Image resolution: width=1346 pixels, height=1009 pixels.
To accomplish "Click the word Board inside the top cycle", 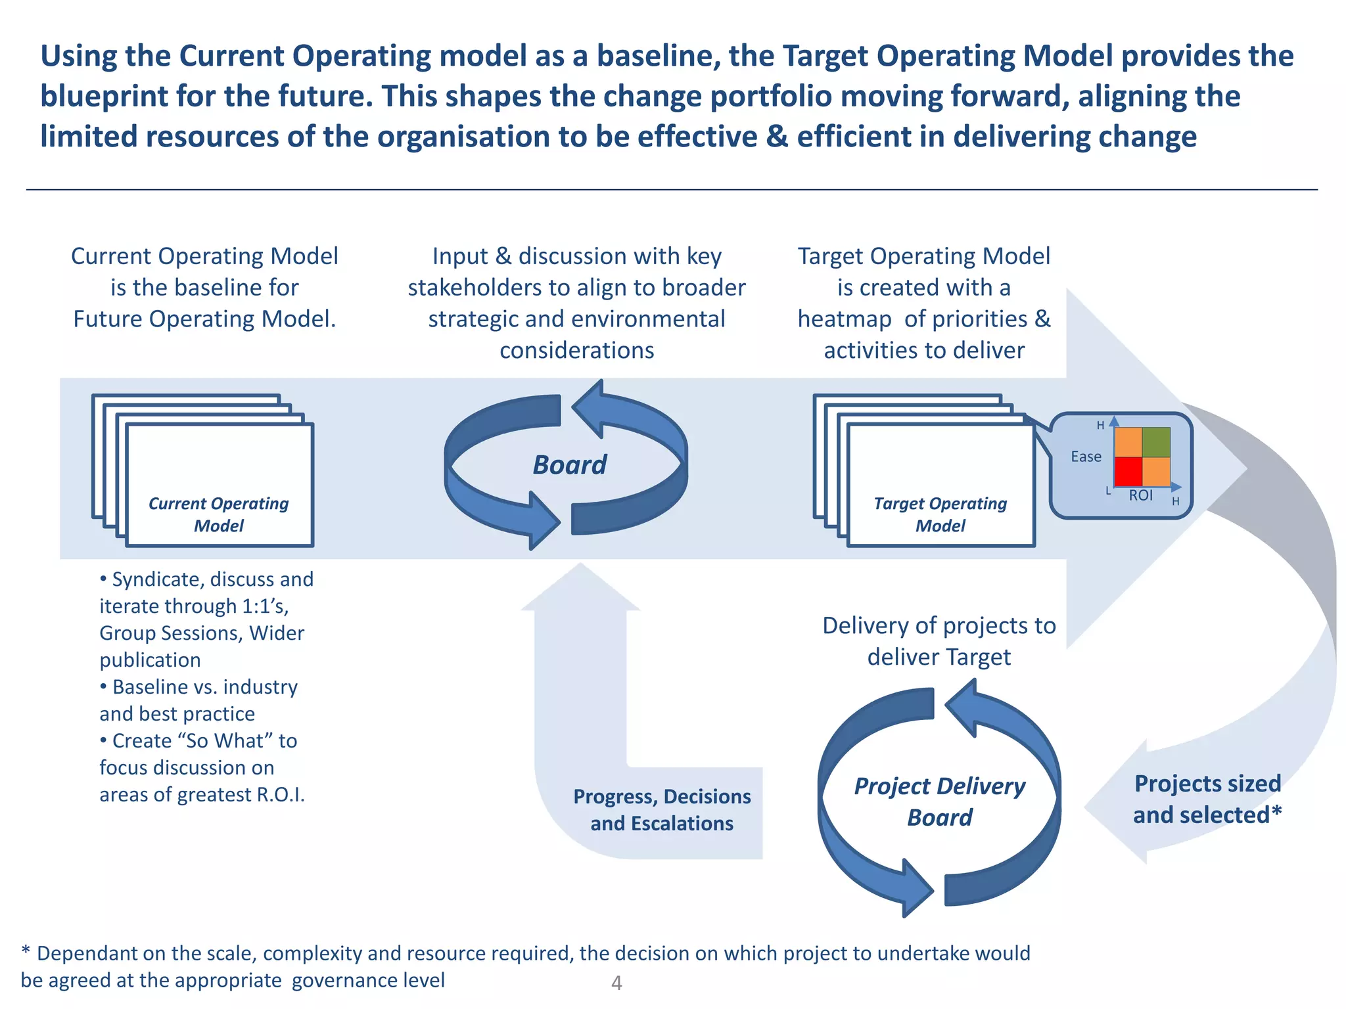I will coord(570,465).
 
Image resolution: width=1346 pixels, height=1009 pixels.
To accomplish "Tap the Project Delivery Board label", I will coord(939,801).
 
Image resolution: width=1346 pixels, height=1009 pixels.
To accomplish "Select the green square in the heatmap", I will coord(1156,441).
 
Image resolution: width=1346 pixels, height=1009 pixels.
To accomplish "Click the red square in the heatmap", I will coord(1128,471).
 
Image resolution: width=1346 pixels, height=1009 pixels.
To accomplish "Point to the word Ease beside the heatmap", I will coord(1086,457).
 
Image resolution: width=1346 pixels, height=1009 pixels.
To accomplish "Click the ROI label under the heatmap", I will coord(1141,495).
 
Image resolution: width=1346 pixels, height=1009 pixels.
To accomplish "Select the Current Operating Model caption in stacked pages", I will coord(219,514).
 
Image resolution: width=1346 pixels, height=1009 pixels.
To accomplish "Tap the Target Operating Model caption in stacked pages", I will coord(940,514).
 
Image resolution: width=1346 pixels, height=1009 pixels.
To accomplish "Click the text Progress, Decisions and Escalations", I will coord(662,809).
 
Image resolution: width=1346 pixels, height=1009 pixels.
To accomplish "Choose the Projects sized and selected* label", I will coord(1207,799).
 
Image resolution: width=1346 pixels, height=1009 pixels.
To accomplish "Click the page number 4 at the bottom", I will coord(616,983).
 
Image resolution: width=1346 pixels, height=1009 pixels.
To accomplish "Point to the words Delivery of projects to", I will coord(939,625).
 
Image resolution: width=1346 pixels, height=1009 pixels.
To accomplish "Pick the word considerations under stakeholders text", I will coord(576,350).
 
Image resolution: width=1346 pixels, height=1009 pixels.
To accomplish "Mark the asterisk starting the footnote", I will coord(26,951).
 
